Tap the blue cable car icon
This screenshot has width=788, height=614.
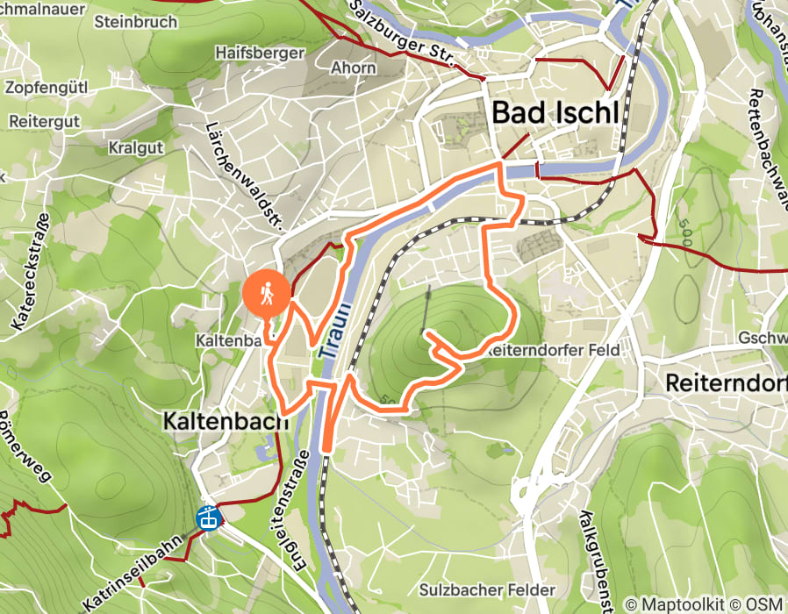pyautogui.click(x=207, y=518)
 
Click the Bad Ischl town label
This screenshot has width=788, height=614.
pyautogui.click(x=555, y=113)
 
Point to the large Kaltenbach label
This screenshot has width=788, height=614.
pyautogui.click(x=226, y=421)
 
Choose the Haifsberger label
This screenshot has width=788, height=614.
pyautogui.click(x=260, y=53)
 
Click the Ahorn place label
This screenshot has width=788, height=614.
pyautogui.click(x=354, y=68)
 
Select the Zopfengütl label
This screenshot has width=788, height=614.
pyautogui.click(x=47, y=88)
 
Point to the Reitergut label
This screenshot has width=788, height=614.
pyautogui.click(x=48, y=118)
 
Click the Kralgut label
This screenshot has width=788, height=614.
pyautogui.click(x=135, y=147)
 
